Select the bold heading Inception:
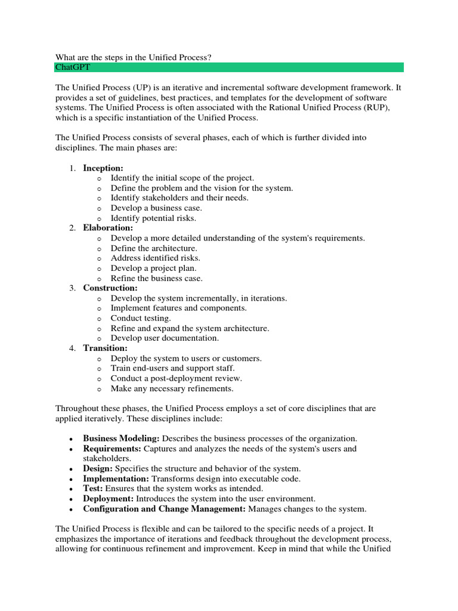click(103, 168)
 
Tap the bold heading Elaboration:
click(108, 228)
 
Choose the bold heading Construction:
click(110, 288)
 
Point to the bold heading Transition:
click(105, 348)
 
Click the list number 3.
click(72, 288)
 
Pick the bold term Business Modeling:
click(121, 439)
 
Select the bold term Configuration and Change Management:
click(164, 509)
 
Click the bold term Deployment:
click(109, 499)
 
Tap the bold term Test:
click(94, 489)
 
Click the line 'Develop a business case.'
click(156, 208)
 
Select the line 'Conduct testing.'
click(141, 319)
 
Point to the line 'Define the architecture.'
click(154, 248)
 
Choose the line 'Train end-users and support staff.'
click(173, 369)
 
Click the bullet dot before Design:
click(72, 469)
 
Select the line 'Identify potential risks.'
click(153, 218)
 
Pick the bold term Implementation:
click(116, 479)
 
